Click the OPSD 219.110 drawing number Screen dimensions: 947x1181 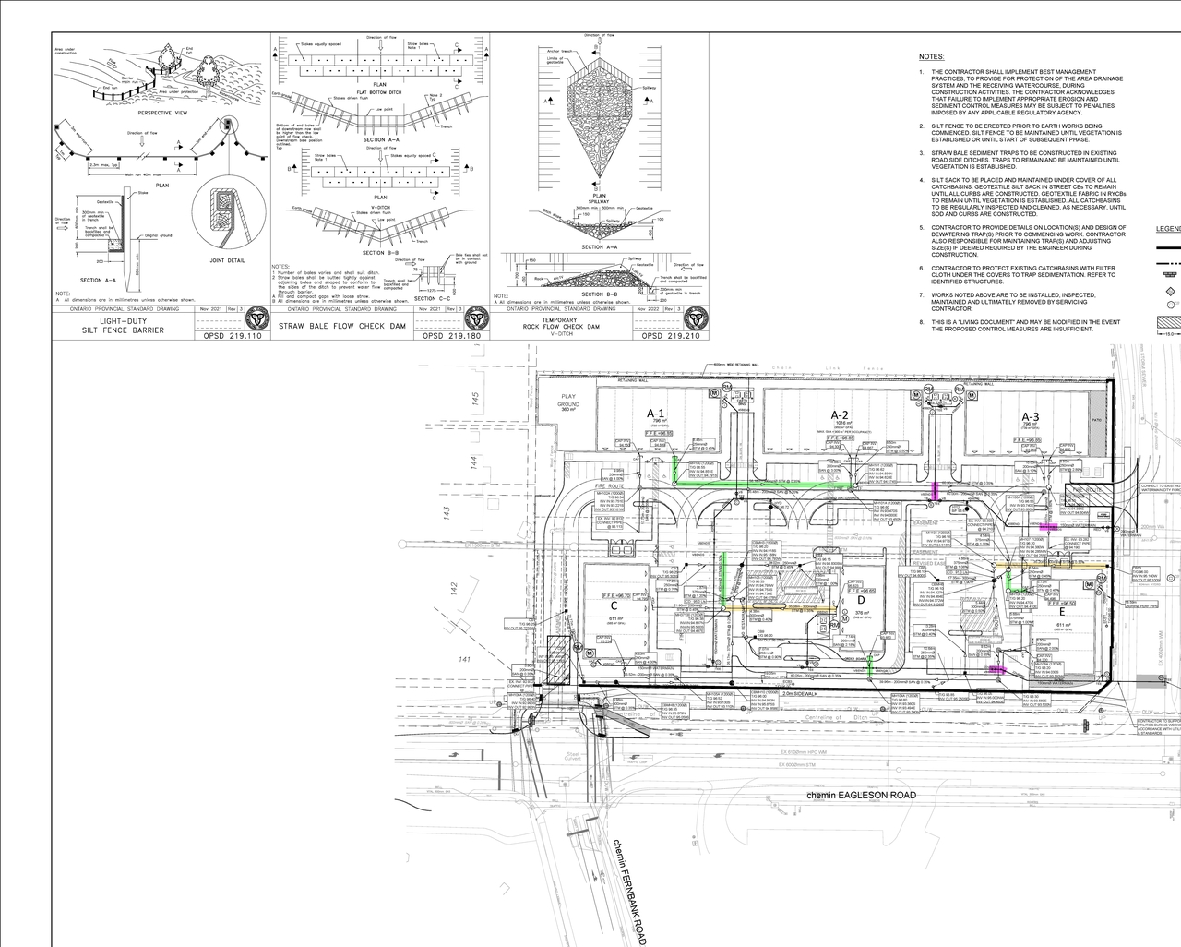[227, 337]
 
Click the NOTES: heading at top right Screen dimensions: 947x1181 [931, 56]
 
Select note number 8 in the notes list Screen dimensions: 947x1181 [921, 322]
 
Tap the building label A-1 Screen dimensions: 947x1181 [656, 414]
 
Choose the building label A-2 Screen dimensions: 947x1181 [840, 414]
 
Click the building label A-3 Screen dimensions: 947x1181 [1030, 416]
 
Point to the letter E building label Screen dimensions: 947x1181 [1061, 611]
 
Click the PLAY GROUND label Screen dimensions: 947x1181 [568, 401]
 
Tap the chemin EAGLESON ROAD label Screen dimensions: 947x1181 [862, 795]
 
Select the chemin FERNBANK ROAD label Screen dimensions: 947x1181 [631, 892]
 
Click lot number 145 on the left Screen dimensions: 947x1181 [475, 398]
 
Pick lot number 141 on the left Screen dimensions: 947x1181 [465, 659]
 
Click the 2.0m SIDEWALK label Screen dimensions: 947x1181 [799, 691]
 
